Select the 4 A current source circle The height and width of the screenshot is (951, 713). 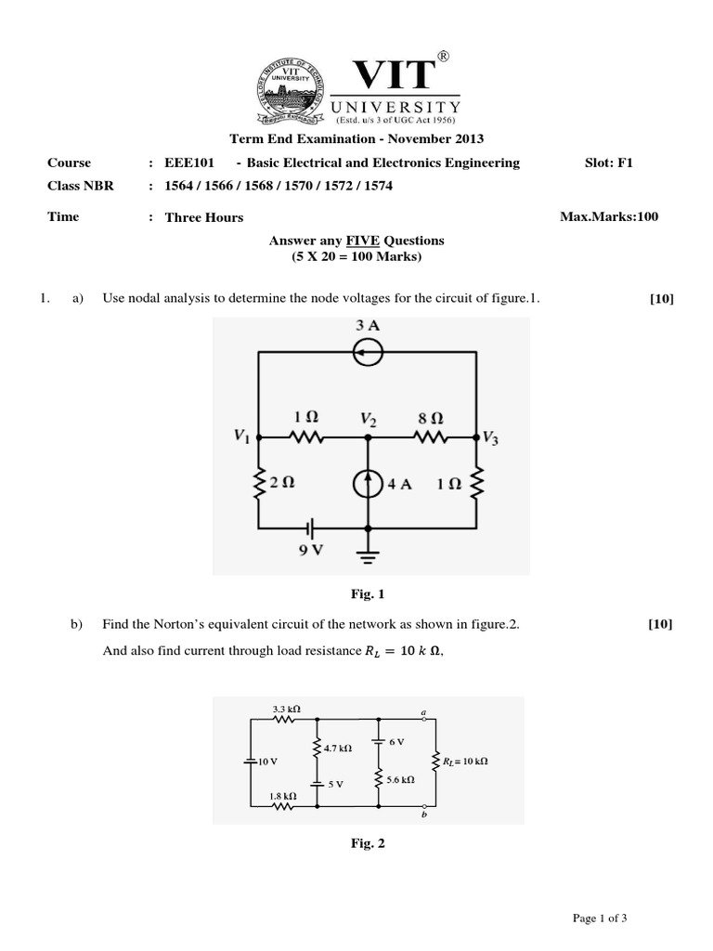[369, 485]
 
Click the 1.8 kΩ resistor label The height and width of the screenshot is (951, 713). [284, 796]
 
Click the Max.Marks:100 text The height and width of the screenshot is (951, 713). [609, 217]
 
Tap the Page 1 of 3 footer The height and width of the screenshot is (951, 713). [601, 918]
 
